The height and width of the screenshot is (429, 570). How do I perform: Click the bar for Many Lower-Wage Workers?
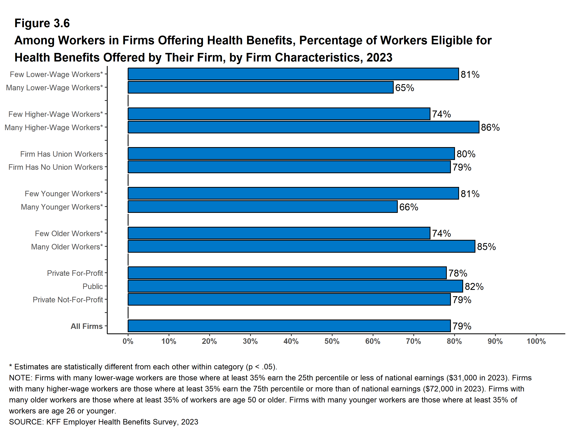pos(260,88)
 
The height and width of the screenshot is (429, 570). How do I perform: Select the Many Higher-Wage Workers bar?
pos(303,127)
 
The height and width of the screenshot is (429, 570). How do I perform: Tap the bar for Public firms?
pos(295,286)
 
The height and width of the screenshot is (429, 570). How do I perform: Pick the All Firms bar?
pos(289,326)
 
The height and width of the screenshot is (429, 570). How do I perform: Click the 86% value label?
pos(490,127)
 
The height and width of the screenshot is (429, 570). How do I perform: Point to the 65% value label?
pos(405,88)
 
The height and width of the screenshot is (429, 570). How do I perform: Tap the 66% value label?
pos(409,207)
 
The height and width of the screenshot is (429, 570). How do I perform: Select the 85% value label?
pos(486,247)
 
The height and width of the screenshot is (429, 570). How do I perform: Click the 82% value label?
pos(474,287)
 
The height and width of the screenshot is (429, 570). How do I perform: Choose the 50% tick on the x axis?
pos(332,342)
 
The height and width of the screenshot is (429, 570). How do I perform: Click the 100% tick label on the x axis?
pos(536,342)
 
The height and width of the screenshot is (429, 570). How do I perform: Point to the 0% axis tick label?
pos(128,342)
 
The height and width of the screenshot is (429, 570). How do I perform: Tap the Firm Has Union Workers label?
pos(61,154)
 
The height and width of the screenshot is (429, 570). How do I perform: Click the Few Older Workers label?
pos(69,233)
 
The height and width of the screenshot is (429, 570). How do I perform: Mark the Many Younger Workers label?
pos(61,207)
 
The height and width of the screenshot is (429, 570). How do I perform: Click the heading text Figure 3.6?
pos(42,23)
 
